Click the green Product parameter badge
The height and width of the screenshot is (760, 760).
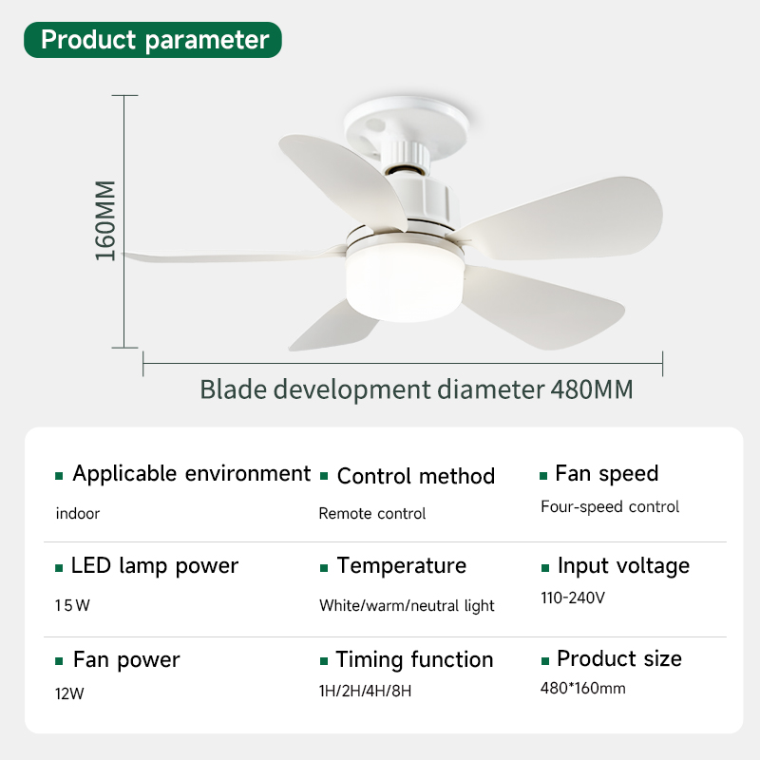[x=153, y=40]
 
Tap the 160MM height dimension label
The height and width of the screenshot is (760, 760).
[x=105, y=220]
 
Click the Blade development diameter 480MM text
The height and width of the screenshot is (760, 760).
[x=416, y=389]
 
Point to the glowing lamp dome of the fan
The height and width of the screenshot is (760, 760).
[x=406, y=281]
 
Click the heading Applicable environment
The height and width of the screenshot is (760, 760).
[x=192, y=473]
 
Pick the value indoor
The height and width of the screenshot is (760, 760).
[x=78, y=513]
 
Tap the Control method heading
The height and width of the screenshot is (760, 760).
[x=416, y=476]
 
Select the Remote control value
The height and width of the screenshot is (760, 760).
[x=372, y=513]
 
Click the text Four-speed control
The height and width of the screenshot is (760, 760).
[x=610, y=506]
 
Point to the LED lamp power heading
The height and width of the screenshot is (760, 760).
[x=155, y=565]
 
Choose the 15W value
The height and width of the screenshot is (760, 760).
[x=72, y=605]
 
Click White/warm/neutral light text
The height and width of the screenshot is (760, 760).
[x=407, y=606]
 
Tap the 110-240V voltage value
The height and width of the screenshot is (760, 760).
[x=573, y=598]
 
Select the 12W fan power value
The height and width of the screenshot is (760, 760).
[x=69, y=694]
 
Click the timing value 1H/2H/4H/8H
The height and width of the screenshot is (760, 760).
[x=365, y=691]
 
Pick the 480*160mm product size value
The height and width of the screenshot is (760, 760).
[x=582, y=688]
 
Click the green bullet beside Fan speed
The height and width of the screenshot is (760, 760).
[x=543, y=476]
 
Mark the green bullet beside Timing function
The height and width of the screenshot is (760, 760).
[x=324, y=661]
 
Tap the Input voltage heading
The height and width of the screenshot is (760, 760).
[x=623, y=565]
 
